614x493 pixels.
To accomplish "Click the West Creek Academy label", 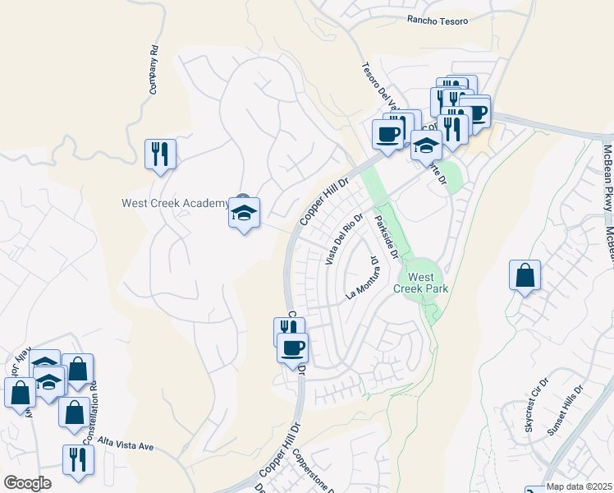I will pyautogui.click(x=175, y=204).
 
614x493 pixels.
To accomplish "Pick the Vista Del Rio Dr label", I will pyautogui.click(x=344, y=238).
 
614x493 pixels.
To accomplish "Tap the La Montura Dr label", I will pyautogui.click(x=362, y=279).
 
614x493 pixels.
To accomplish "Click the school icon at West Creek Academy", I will pyautogui.click(x=244, y=213).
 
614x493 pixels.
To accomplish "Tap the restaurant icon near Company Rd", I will pyautogui.click(x=160, y=153).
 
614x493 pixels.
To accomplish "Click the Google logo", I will pyautogui.click(x=27, y=483).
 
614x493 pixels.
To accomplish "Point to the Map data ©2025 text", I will pyautogui.click(x=580, y=486).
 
